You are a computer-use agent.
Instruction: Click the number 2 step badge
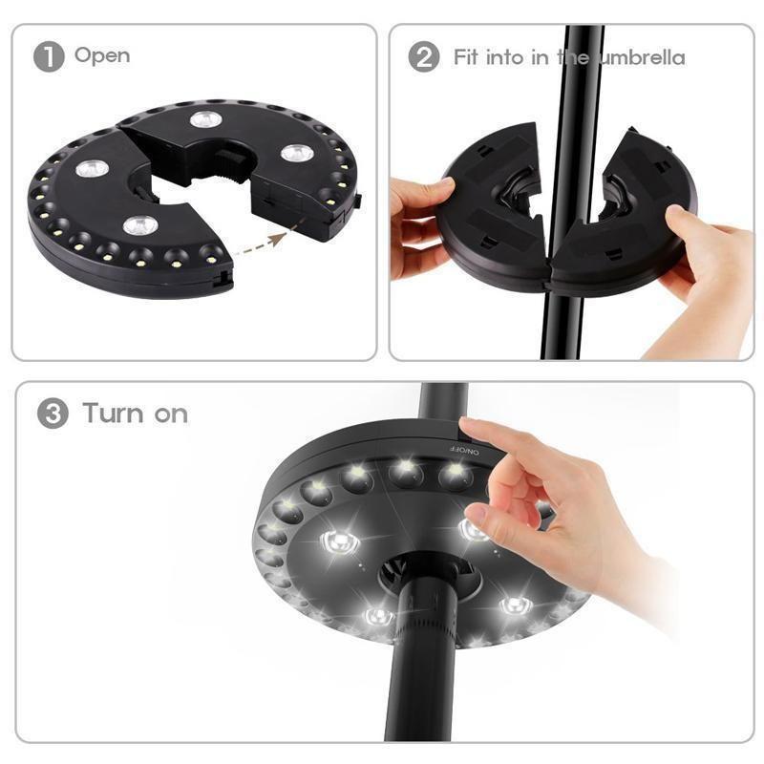tap(424, 56)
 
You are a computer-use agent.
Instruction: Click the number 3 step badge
tap(53, 414)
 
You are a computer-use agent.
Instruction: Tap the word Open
tap(101, 55)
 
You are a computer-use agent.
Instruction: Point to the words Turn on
tap(135, 414)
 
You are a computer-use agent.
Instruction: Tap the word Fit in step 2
tap(467, 56)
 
